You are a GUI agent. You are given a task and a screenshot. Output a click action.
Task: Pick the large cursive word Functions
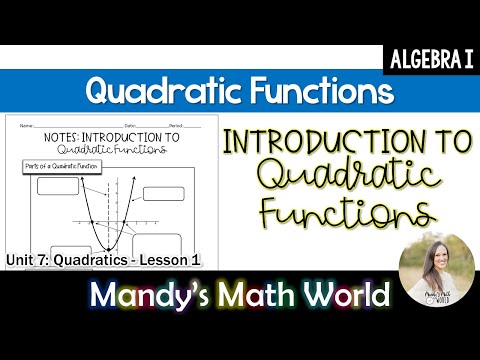(x=347, y=213)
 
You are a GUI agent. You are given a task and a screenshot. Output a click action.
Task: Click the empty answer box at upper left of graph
(x=56, y=186)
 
